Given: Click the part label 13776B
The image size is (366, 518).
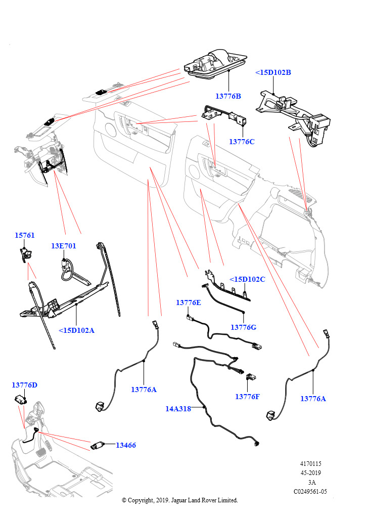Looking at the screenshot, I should click(228, 96).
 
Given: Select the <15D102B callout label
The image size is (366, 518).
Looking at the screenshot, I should click(273, 72).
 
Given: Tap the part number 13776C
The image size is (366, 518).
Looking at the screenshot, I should click(242, 142).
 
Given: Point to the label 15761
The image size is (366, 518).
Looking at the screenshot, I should click(24, 235).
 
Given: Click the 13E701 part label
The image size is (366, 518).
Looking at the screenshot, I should click(63, 246).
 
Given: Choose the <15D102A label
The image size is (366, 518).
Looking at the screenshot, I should click(76, 330).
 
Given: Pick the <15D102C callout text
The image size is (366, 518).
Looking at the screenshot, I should click(247, 279).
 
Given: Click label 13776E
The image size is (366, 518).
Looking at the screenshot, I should click(188, 303).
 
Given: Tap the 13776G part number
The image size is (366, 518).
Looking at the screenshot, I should click(244, 327).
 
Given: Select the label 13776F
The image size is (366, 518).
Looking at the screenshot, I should click(247, 397).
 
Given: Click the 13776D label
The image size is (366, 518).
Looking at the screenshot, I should click(24, 385).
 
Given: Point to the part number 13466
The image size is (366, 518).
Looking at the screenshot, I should click(125, 445).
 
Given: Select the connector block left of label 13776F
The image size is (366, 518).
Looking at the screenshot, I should click(251, 376).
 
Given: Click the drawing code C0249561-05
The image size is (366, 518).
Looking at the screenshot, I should click(310, 491).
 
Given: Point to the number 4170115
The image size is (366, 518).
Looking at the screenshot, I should click(311, 464).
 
